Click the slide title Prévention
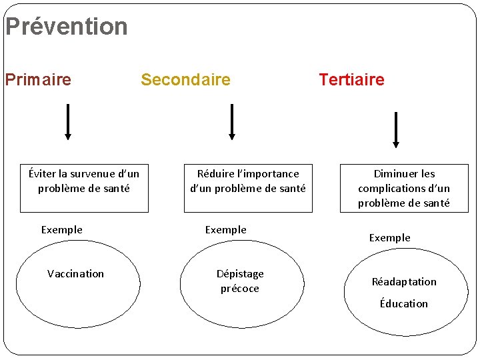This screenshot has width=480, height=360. pyautogui.click(x=66, y=27)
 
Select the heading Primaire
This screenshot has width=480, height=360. pyautogui.click(x=38, y=80)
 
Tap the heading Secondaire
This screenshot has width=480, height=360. pyautogui.click(x=185, y=80)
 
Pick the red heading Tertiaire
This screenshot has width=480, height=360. pyautogui.click(x=351, y=80)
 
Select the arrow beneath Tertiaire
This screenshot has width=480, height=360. pyautogui.click(x=396, y=129)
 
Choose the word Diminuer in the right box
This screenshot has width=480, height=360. pyautogui.click(x=395, y=174)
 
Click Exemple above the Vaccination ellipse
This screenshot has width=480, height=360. pyautogui.click(x=62, y=230)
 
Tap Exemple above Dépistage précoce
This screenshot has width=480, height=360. pyautogui.click(x=226, y=230)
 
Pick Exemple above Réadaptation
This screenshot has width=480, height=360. pyautogui.click(x=390, y=238)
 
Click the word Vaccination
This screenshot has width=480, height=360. pyautogui.click(x=76, y=274)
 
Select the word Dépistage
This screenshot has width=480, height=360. pyautogui.click(x=240, y=274)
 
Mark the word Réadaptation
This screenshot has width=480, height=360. pyautogui.click(x=404, y=282)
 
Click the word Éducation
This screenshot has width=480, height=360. pyautogui.click(x=404, y=304)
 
